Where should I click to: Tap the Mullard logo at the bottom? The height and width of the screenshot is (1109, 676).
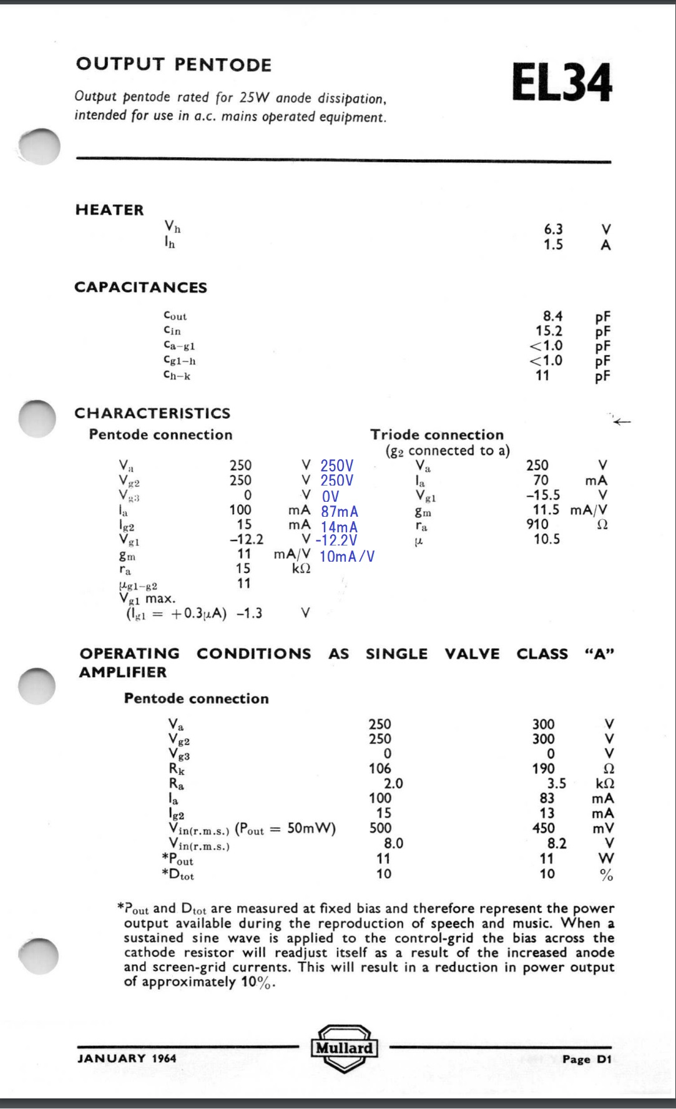pyautogui.click(x=344, y=1048)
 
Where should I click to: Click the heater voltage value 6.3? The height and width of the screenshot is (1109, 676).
pyautogui.click(x=553, y=230)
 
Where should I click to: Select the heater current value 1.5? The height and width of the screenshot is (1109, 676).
pyautogui.click(x=553, y=245)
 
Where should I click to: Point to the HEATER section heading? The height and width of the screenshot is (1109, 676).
pyautogui.click(x=109, y=210)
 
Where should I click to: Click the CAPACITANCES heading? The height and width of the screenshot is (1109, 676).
pyautogui.click(x=140, y=287)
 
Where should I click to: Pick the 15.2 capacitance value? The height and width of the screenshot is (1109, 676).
pyautogui.click(x=549, y=331)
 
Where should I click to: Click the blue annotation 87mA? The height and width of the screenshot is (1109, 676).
pyautogui.click(x=340, y=512)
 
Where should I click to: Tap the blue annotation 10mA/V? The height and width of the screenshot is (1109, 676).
pyautogui.click(x=346, y=556)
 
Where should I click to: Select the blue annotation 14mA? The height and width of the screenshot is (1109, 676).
pyautogui.click(x=340, y=527)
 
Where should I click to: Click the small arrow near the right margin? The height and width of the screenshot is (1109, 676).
pyautogui.click(x=622, y=422)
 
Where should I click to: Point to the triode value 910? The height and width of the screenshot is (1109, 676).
pyautogui.click(x=537, y=524)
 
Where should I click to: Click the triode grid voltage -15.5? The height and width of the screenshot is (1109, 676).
pyautogui.click(x=543, y=495)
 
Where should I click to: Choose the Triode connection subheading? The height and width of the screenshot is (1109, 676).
pyautogui.click(x=437, y=434)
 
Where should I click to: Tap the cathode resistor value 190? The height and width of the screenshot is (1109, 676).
pyautogui.click(x=543, y=768)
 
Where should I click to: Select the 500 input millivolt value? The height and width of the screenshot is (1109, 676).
pyautogui.click(x=380, y=828)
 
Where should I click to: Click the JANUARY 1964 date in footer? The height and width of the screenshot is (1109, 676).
pyautogui.click(x=127, y=1058)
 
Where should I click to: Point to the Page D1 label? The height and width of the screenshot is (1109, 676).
pyautogui.click(x=587, y=1059)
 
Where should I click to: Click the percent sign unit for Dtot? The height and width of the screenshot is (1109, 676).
pyautogui.click(x=606, y=874)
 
